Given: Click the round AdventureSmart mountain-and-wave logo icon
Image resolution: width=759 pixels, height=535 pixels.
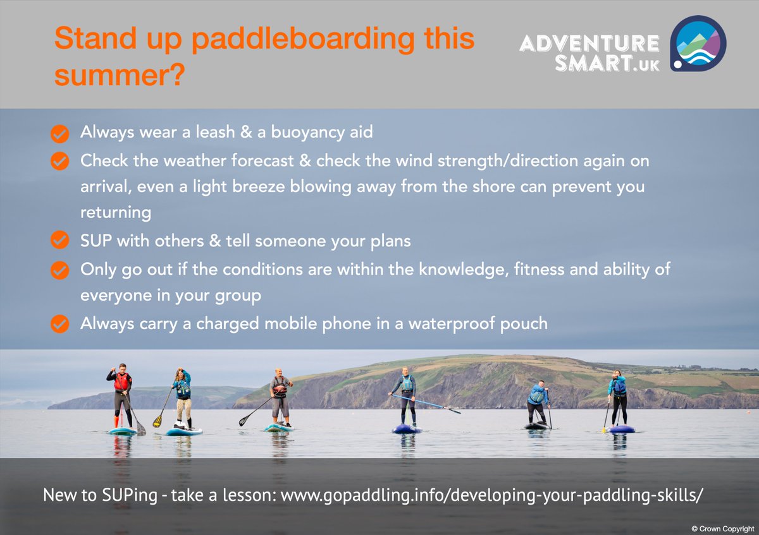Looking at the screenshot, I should tap(698, 44).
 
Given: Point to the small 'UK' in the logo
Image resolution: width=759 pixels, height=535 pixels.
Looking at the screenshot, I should tap(646, 65).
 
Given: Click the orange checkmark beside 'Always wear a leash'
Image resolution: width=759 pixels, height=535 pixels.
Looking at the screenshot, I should tap(59, 133).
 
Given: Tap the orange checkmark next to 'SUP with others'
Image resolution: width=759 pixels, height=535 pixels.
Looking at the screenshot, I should tap(59, 241).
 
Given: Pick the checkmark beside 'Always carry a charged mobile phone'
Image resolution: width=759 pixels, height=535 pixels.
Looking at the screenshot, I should tap(59, 324).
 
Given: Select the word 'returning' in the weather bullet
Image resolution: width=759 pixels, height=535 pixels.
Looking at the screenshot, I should tap(116, 213).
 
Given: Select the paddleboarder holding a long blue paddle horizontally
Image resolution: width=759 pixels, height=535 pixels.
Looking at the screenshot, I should tap(406, 397).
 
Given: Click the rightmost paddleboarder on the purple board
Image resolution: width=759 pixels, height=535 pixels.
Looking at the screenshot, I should tap(618, 399).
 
